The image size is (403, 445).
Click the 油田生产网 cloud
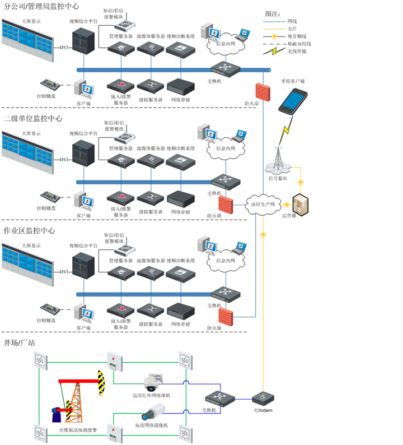(263, 205)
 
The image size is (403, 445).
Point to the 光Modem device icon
(263, 399)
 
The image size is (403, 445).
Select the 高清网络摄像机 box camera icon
(148, 415)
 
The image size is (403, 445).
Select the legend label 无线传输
(297, 51)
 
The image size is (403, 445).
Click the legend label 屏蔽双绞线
(299, 43)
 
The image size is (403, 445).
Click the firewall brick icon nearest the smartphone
(262, 90)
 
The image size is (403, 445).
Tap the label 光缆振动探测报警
(78, 430)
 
